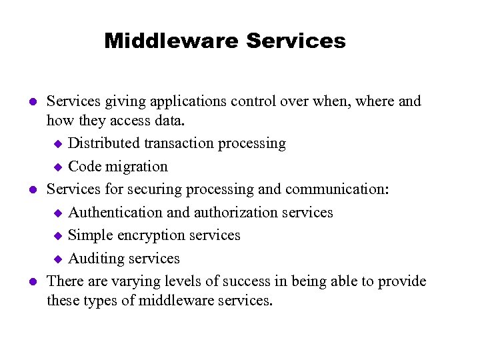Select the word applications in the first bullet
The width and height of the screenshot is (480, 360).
click(x=182, y=101)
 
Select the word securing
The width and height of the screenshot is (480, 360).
click(x=152, y=189)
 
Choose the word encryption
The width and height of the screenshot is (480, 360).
click(x=151, y=235)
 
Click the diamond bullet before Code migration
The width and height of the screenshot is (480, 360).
click(x=57, y=167)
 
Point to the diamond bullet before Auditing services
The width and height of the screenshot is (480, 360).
click(x=57, y=259)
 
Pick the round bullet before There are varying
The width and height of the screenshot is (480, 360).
click(x=31, y=282)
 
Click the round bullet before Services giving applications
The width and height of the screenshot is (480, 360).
click(x=31, y=102)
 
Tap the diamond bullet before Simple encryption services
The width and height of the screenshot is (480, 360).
click(x=57, y=236)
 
